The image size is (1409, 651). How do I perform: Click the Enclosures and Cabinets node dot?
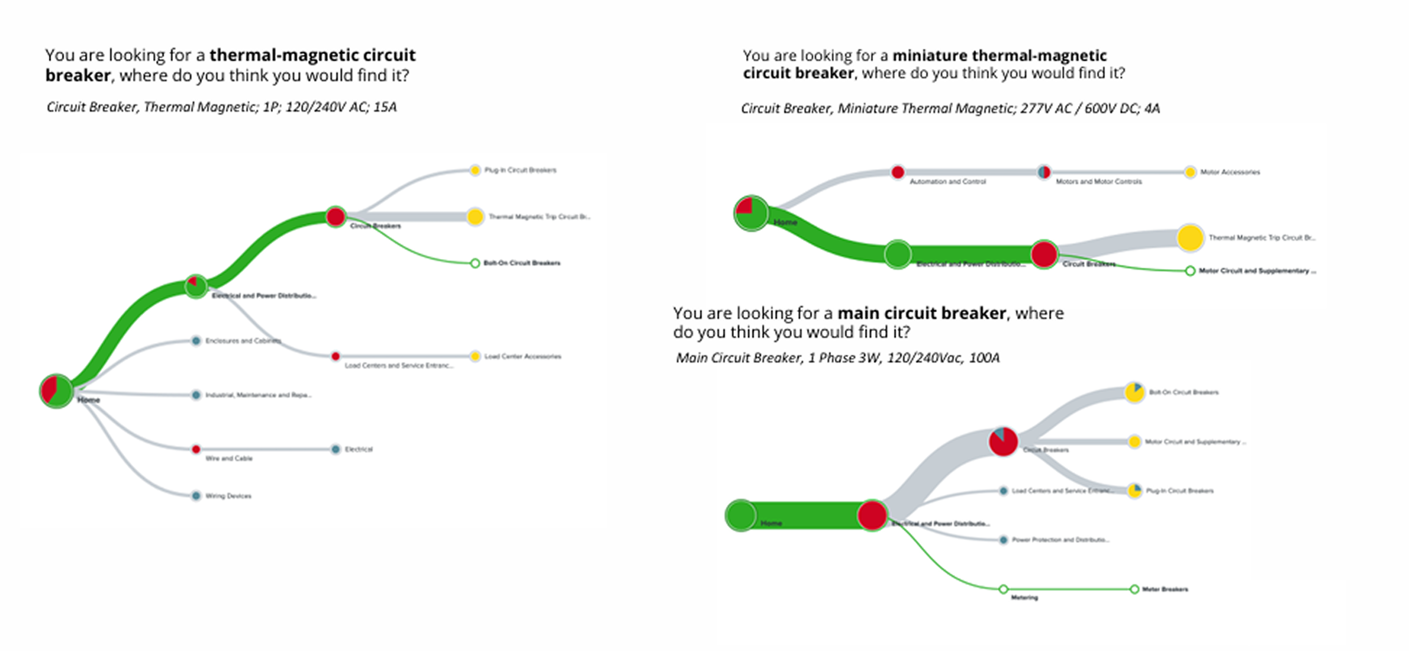coord(196,341)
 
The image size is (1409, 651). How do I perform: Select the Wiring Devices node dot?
coord(196,496)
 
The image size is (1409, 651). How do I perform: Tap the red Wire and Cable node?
coord(196,449)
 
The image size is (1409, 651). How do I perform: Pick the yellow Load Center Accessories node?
coord(475,356)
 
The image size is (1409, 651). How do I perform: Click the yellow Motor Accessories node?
coord(1190,172)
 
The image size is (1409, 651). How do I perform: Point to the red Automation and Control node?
coord(897,172)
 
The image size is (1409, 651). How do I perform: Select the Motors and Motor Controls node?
coord(1044,172)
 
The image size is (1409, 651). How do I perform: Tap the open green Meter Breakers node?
coord(1134,589)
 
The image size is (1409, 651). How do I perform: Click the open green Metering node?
coord(1003,589)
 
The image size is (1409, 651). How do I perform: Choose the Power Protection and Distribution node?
coord(1003,540)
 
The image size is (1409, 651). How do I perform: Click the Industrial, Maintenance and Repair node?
coord(196,395)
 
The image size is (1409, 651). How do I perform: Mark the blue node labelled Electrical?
coord(335,449)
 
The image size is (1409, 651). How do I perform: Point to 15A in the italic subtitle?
coord(385,107)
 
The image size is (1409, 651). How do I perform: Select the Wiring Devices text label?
coord(228,496)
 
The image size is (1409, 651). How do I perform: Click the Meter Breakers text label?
coord(1165,589)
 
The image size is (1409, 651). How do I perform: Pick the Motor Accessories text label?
coord(1230,172)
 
